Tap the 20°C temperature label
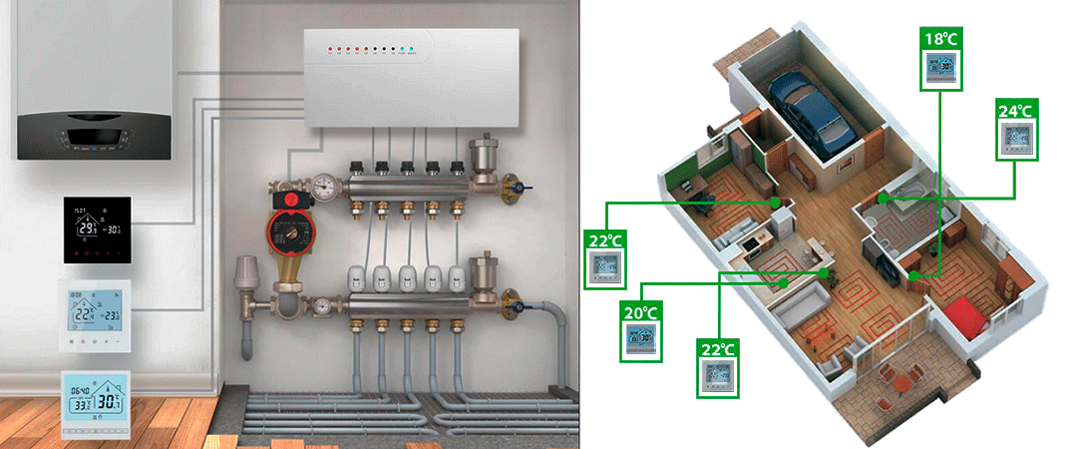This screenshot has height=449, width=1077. coord(639,312)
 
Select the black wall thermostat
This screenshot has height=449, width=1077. coord(97,229)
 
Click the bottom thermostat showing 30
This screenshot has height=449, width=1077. coord(97,404)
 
